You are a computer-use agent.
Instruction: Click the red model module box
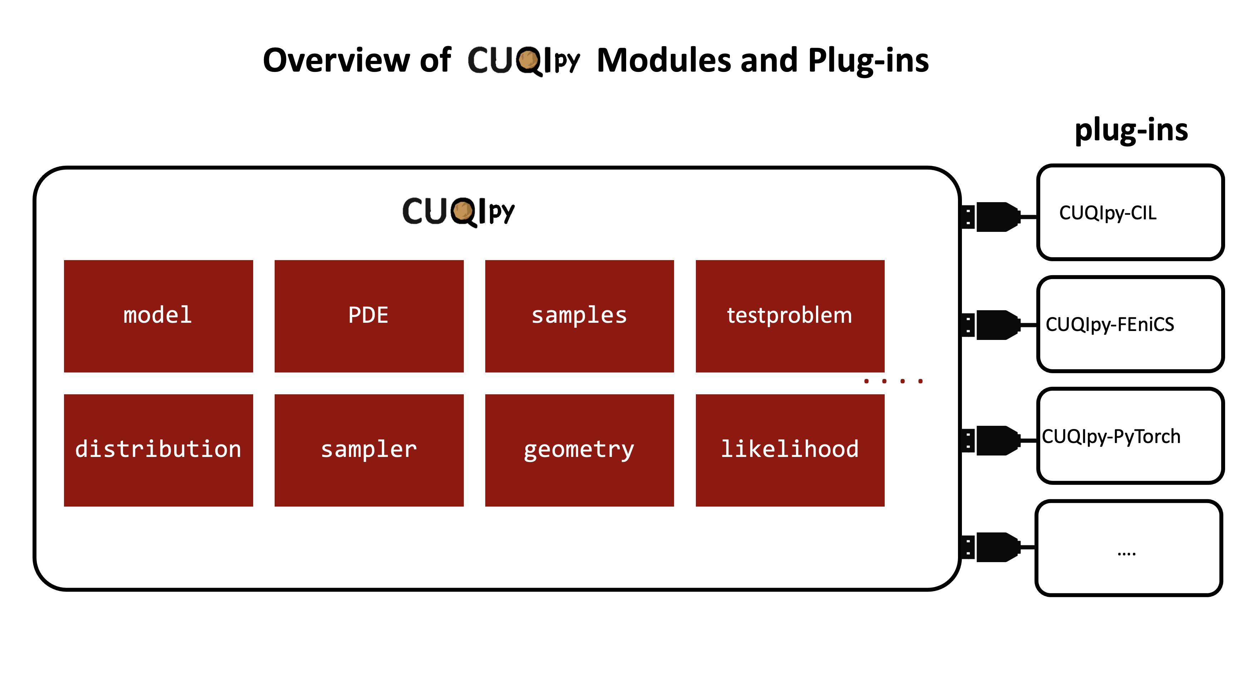pyautogui.click(x=158, y=316)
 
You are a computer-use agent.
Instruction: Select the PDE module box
pyautogui.click(x=369, y=316)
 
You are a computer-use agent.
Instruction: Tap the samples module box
pyautogui.click(x=579, y=316)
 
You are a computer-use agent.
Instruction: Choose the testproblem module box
pyautogui.click(x=790, y=316)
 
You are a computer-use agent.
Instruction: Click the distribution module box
pyautogui.click(x=158, y=450)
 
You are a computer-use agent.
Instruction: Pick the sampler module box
pyautogui.click(x=369, y=450)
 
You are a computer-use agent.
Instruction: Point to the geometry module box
pyautogui.click(x=579, y=450)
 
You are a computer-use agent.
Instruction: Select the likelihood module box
pyautogui.click(x=790, y=450)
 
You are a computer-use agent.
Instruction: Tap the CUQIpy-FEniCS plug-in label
pyautogui.click(x=1110, y=324)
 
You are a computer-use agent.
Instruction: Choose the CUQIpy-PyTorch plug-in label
pyautogui.click(x=1111, y=436)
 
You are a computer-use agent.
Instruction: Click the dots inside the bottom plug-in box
pyautogui.click(x=1126, y=554)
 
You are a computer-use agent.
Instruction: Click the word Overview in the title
pyautogui.click(x=336, y=60)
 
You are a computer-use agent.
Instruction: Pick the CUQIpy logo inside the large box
pyautogui.click(x=458, y=212)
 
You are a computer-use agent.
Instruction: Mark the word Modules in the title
pyautogui.click(x=664, y=60)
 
